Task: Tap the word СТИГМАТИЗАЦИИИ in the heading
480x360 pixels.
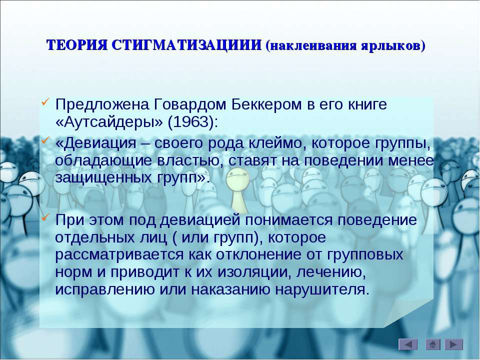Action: point(186,45)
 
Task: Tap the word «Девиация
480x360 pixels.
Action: point(96,143)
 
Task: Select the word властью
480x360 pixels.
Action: point(190,160)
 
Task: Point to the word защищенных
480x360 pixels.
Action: point(103,178)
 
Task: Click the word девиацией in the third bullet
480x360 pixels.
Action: point(199,220)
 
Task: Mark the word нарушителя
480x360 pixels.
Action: point(322,289)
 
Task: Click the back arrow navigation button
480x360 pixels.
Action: point(408,344)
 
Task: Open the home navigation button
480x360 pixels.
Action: point(432,344)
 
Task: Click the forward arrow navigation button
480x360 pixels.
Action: point(453,344)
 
